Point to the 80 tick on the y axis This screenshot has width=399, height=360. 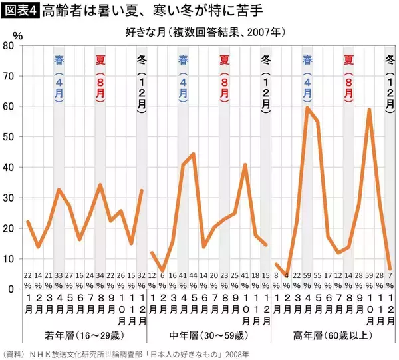pyautogui.click(x=9, y=45)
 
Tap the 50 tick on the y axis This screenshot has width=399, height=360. pyautogui.click(x=9, y=136)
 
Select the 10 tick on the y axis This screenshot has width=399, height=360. pyautogui.click(x=9, y=258)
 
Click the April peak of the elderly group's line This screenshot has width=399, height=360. pyautogui.click(x=307, y=108)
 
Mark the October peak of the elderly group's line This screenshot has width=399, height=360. pyautogui.click(x=370, y=109)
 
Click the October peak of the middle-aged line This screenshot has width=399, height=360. pyautogui.click(x=245, y=164)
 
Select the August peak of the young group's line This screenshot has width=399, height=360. pyautogui.click(x=100, y=185)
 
